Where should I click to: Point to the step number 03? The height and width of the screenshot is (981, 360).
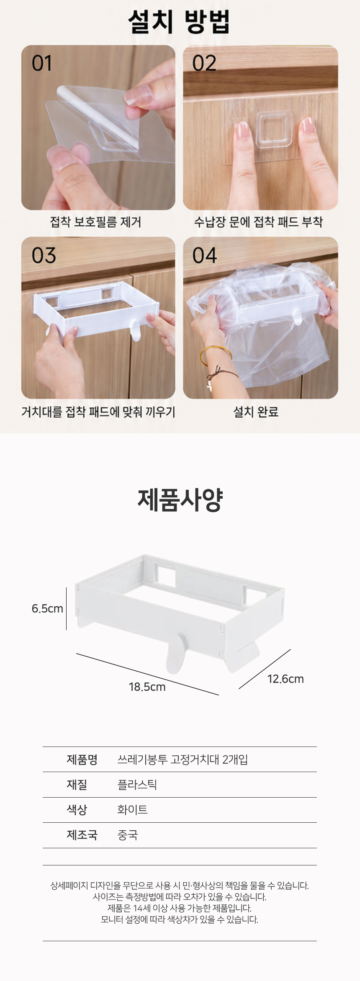tap(44, 255)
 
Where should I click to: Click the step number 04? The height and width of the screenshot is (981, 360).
tap(205, 255)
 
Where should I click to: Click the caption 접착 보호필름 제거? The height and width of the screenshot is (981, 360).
tap(95, 222)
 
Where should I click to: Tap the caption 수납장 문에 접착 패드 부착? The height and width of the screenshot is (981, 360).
tap(258, 222)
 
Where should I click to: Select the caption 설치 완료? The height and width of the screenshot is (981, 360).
tap(256, 412)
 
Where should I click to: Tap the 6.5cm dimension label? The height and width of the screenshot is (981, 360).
tap(47, 608)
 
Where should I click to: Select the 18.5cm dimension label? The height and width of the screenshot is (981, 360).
tap(147, 687)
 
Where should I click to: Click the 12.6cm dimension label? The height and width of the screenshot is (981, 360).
tap(285, 679)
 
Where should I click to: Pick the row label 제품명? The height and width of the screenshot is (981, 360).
tap(82, 760)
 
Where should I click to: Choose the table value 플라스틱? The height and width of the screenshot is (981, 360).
tap(137, 785)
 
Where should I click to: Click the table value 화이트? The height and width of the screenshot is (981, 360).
tap(133, 810)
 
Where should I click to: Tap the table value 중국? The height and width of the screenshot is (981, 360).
tap(128, 835)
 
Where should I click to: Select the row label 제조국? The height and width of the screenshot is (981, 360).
tap(82, 835)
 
